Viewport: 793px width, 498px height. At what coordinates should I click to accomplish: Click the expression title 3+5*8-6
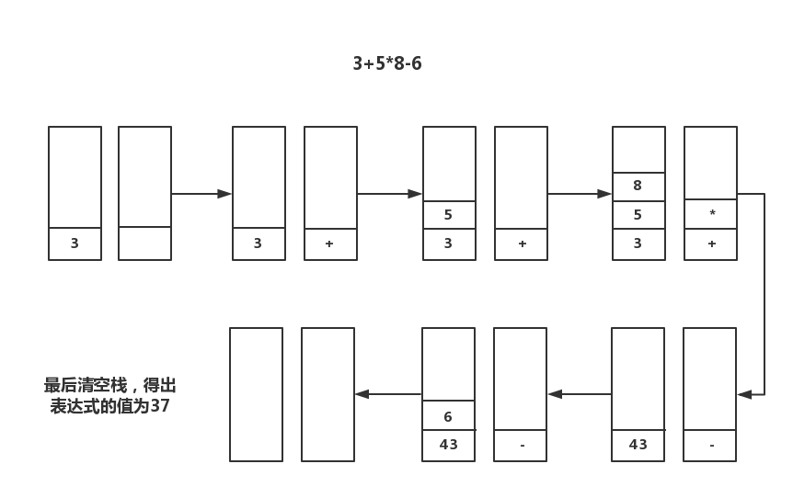[386, 63]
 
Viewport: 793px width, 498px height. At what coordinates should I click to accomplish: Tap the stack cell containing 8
[638, 187]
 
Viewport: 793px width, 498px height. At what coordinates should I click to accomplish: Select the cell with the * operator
[711, 214]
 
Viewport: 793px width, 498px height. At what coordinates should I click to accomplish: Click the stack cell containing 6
[448, 415]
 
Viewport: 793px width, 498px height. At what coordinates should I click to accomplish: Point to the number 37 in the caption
[160, 405]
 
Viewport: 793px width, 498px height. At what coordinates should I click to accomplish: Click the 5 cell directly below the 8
[638, 215]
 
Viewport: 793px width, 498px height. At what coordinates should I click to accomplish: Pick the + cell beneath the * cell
[711, 244]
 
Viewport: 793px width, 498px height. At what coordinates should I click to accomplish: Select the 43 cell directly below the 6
[448, 445]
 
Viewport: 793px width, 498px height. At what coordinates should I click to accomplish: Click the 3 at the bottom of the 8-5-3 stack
[638, 244]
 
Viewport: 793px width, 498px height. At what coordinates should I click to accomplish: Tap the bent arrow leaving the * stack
[764, 294]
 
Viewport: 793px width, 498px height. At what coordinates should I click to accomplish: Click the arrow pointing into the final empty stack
[387, 394]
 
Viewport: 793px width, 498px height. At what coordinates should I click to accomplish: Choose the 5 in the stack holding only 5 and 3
[449, 215]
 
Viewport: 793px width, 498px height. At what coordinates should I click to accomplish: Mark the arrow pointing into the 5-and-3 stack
[389, 194]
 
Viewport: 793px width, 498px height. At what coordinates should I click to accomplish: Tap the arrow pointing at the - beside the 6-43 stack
[580, 394]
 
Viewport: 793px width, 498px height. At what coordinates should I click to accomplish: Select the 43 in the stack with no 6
[638, 445]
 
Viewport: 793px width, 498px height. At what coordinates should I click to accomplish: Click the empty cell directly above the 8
[638, 150]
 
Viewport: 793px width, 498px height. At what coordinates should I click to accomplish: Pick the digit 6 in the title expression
[417, 63]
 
